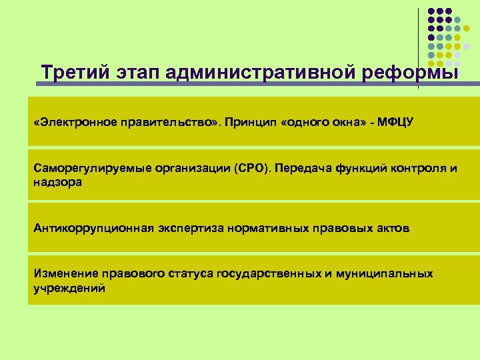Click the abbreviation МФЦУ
pos(395,123)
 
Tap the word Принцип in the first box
pos(252,123)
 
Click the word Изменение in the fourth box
pos(65,274)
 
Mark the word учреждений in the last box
pos(69,287)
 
